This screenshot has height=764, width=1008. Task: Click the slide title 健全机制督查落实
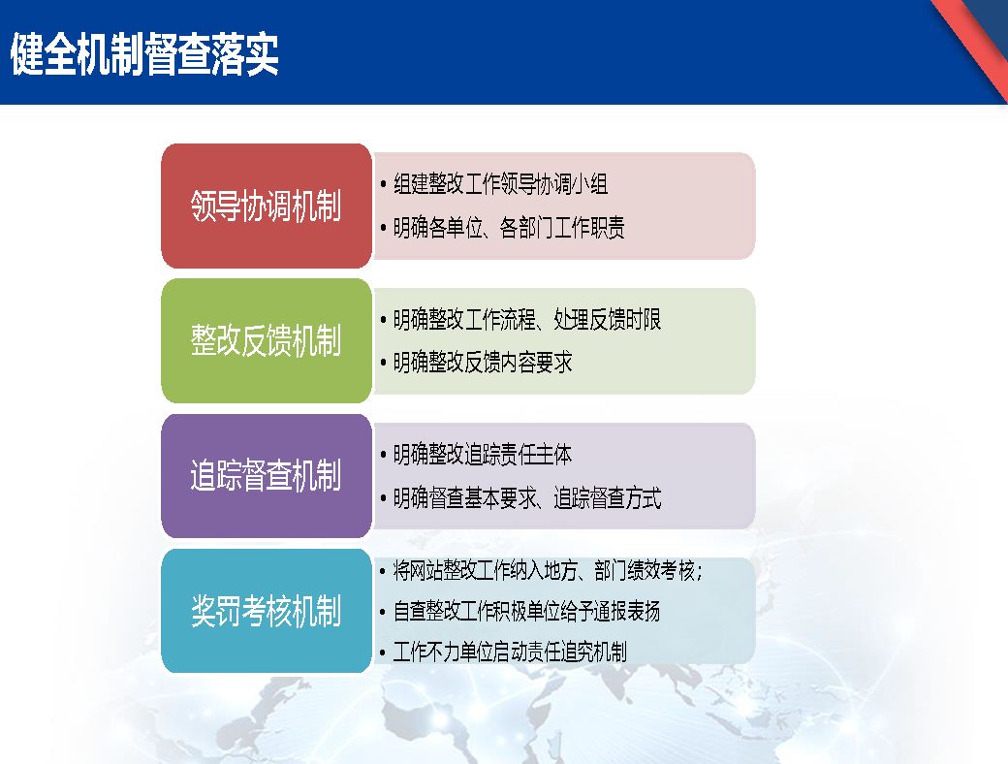click(x=144, y=54)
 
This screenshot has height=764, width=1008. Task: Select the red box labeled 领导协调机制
click(x=267, y=206)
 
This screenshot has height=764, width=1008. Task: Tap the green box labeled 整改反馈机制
click(x=267, y=341)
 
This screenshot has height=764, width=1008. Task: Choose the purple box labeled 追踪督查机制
click(x=267, y=476)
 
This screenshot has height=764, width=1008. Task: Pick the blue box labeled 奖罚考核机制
click(x=267, y=611)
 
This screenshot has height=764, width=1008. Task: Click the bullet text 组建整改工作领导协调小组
click(x=501, y=184)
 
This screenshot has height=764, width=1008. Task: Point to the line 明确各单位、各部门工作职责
click(x=509, y=228)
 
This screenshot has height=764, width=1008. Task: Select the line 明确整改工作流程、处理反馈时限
click(x=527, y=320)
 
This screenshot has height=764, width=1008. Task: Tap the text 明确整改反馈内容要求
click(x=483, y=363)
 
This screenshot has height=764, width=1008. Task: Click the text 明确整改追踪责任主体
click(x=483, y=455)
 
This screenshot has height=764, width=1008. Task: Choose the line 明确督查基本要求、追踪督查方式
click(x=527, y=497)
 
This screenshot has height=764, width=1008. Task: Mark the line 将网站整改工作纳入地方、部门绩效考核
click(x=548, y=570)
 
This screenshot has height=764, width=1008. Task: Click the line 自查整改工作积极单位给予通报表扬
click(x=526, y=611)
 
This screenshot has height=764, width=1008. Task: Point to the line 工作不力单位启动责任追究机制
click(x=510, y=653)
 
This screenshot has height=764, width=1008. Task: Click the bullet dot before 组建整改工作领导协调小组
click(x=383, y=185)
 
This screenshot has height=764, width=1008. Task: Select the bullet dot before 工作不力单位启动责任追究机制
click(x=383, y=653)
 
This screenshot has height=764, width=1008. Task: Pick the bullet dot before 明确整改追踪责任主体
click(x=383, y=456)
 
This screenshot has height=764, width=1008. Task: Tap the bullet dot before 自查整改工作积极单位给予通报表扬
click(x=383, y=612)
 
